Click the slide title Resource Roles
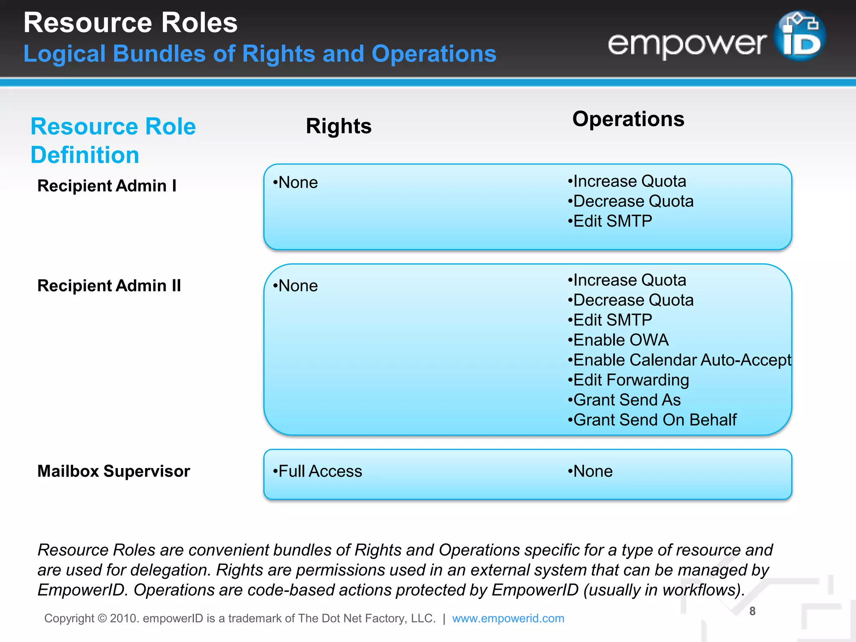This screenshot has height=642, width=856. click(130, 23)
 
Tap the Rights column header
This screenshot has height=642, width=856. click(339, 126)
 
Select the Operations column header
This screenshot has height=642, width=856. click(628, 119)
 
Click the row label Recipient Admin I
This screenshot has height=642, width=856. click(107, 186)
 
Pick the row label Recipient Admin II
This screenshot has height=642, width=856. click(109, 286)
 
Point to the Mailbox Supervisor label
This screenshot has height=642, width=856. click(114, 471)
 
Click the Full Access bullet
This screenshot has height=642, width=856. click(318, 471)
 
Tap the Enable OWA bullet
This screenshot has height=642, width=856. click(619, 340)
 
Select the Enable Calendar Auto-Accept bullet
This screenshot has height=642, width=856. click(680, 360)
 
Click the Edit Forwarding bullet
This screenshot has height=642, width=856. click(629, 380)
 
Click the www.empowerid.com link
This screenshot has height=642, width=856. click(508, 619)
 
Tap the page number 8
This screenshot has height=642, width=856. click(752, 611)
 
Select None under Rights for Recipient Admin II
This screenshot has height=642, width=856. click(296, 286)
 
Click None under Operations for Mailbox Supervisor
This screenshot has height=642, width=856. click(590, 471)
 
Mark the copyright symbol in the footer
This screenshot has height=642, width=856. click(102, 619)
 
